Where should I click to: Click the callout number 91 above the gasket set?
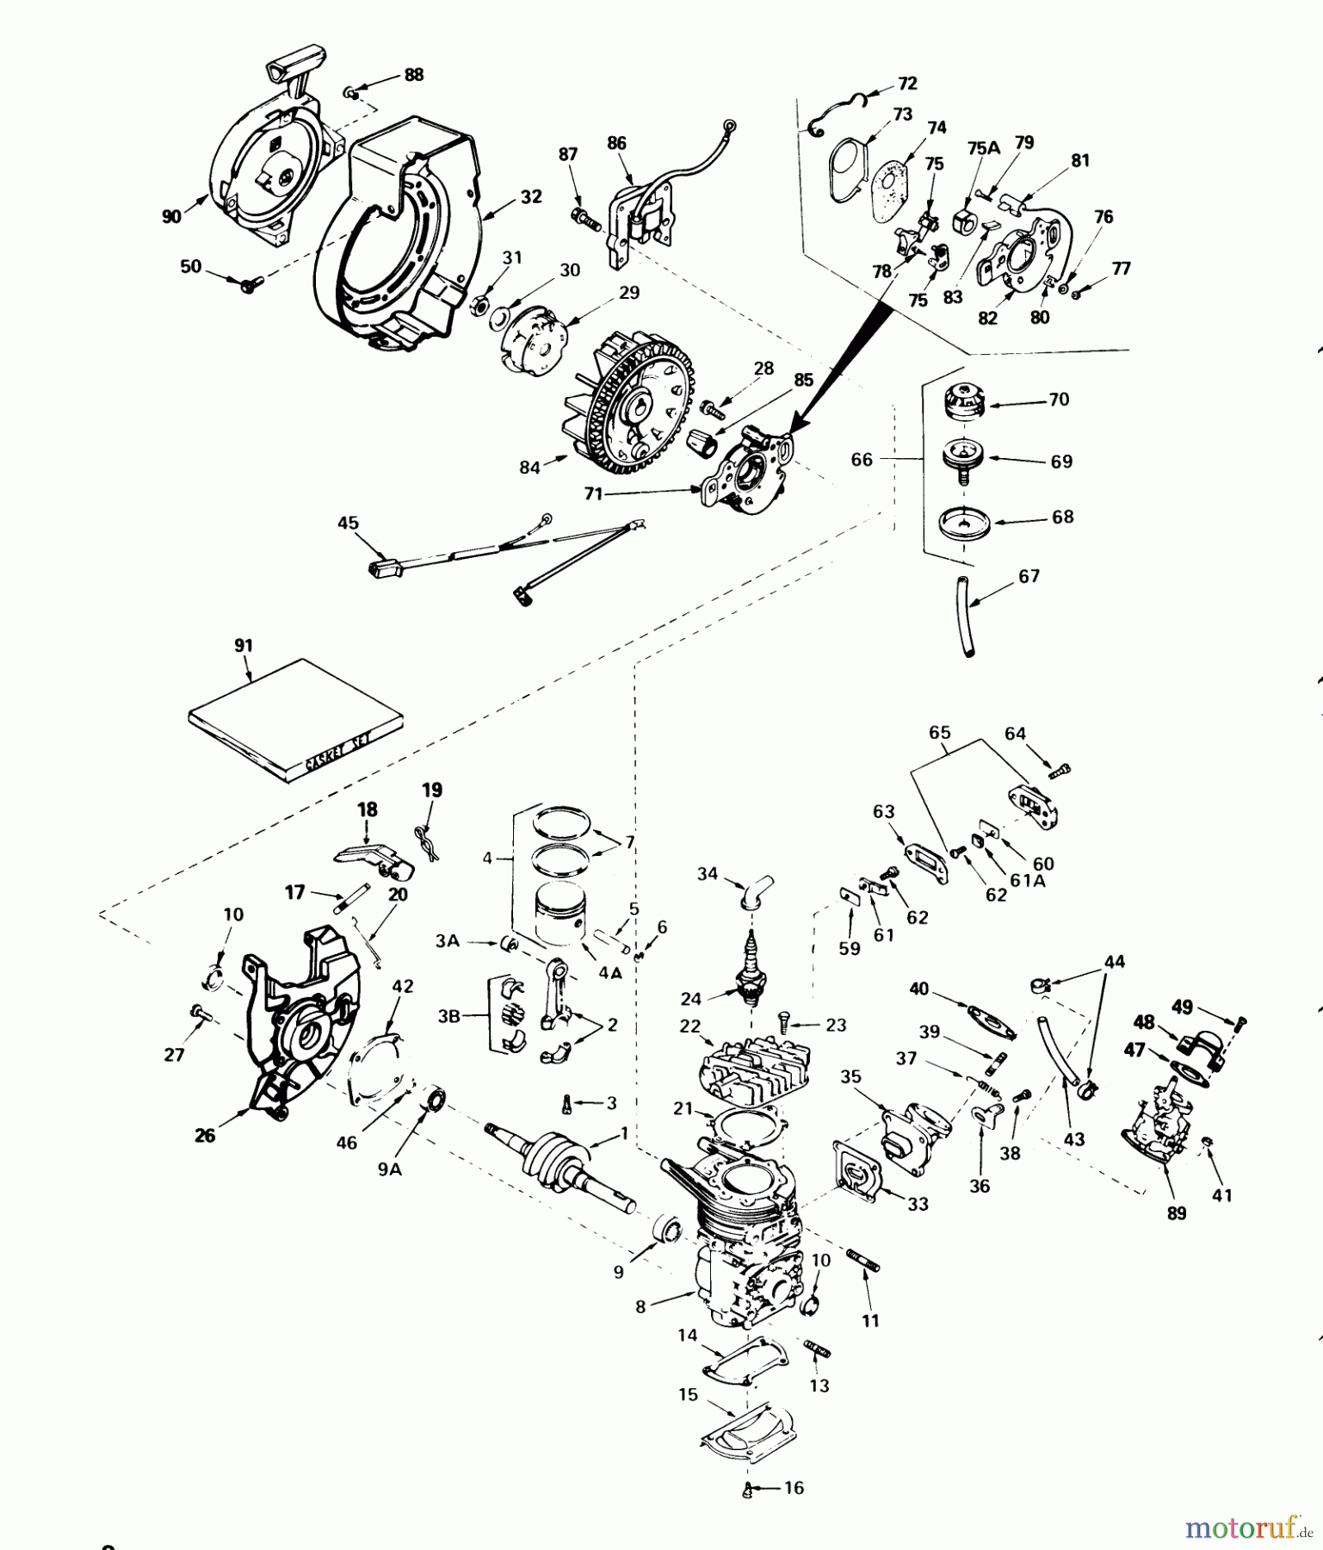coord(244,645)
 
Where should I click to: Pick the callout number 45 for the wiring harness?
coord(348,523)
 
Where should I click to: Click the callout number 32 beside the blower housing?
coord(531,196)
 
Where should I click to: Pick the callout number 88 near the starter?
coord(413,75)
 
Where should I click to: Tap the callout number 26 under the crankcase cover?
coord(205,1136)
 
